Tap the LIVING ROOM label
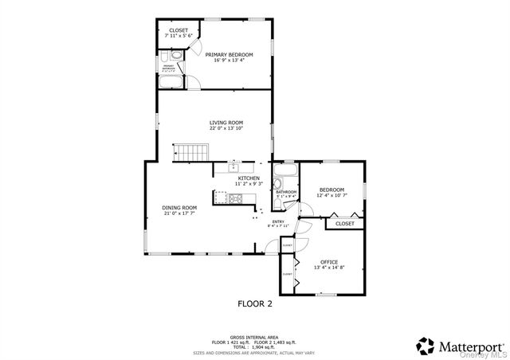tap(226, 123)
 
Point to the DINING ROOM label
tap(179, 207)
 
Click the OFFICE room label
tap(329, 262)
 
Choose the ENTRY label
tap(278, 221)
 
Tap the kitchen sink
tap(233, 168)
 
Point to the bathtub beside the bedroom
tap(284, 172)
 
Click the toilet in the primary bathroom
tap(164, 57)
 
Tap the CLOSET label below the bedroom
tap(344, 224)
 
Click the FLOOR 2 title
tap(255, 303)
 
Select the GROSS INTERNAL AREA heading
tap(254, 337)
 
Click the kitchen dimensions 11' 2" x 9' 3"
tap(249, 184)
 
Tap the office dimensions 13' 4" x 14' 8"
tap(329, 268)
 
